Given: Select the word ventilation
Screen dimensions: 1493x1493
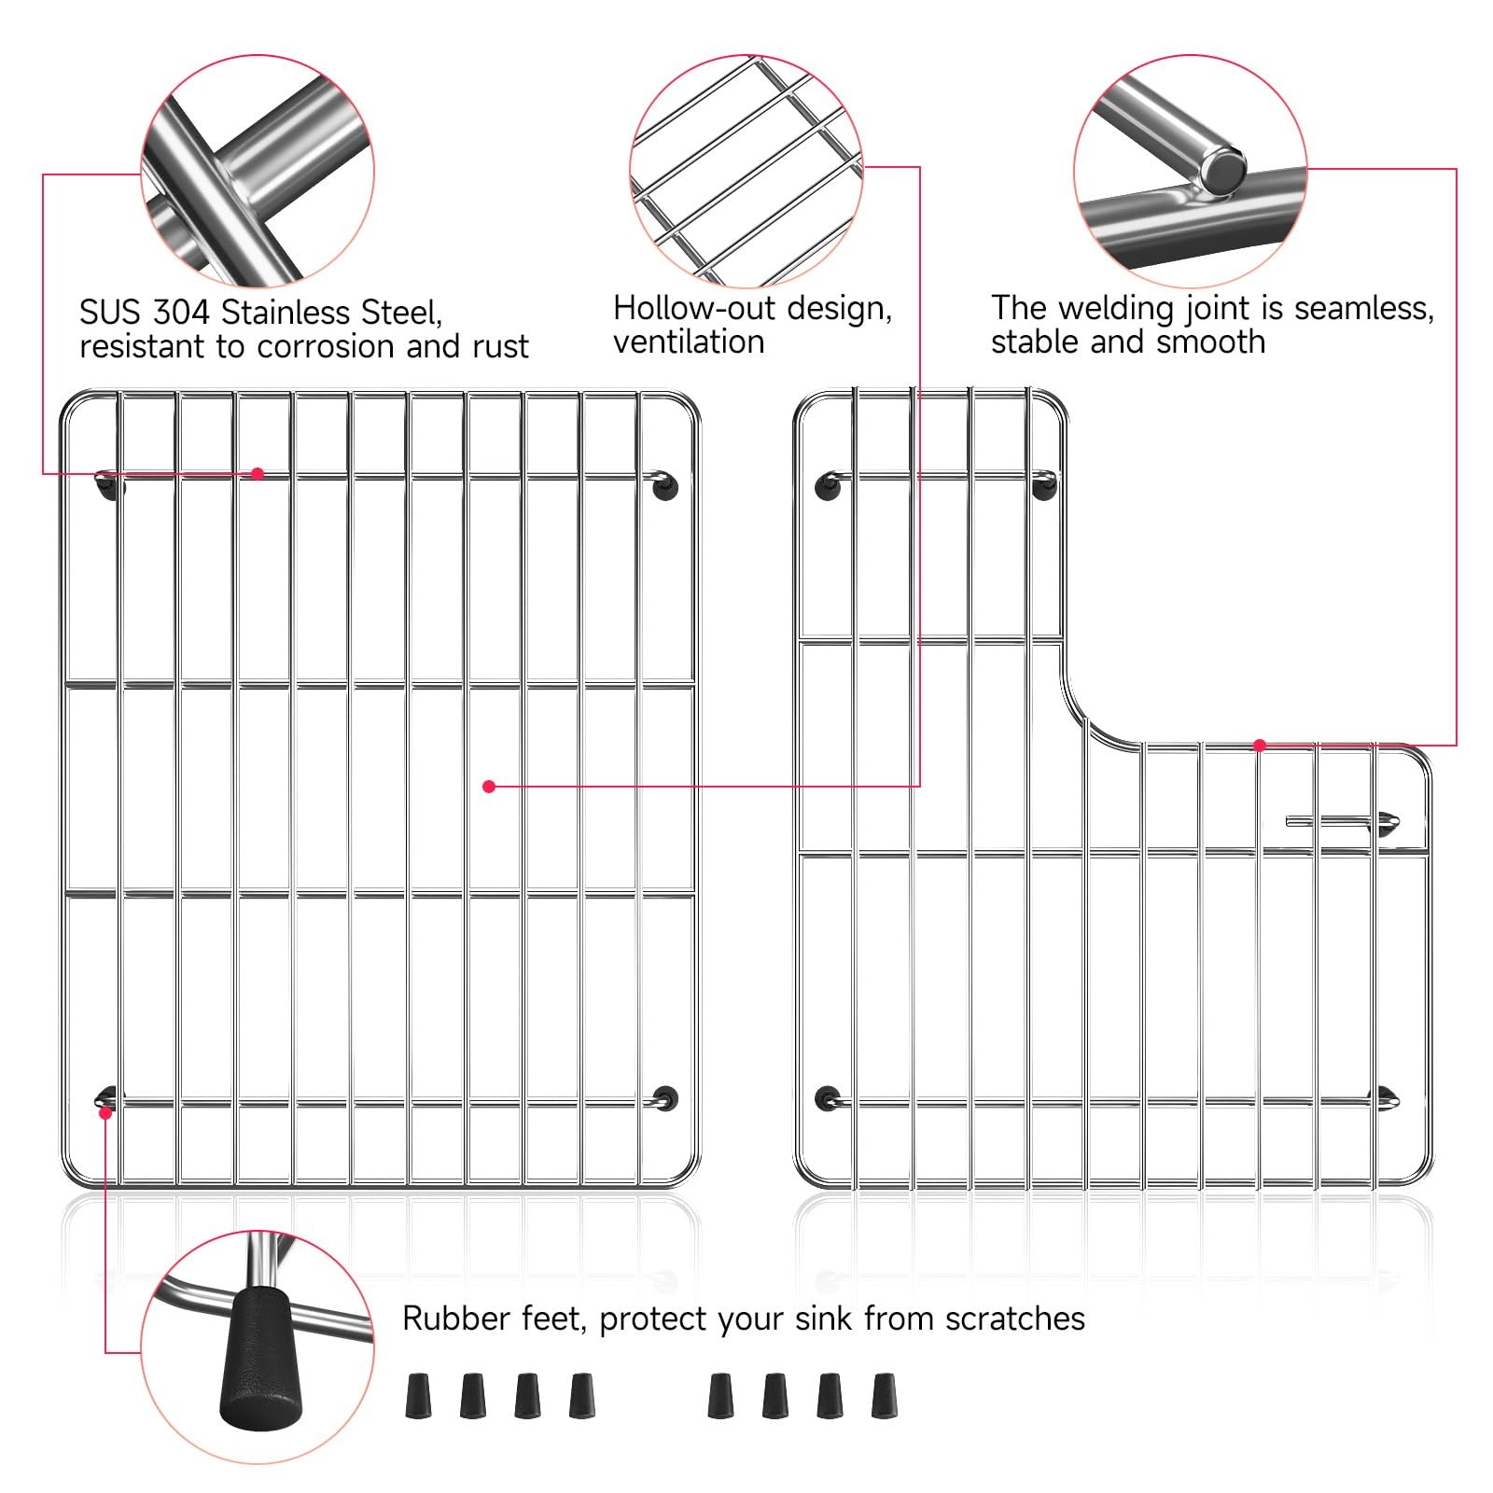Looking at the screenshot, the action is tap(689, 342).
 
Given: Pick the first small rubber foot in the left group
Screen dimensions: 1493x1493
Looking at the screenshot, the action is tap(419, 1396).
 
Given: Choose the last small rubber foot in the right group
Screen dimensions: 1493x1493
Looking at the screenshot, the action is tap(884, 1396).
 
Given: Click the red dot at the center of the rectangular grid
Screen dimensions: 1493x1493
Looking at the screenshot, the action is tap(489, 787).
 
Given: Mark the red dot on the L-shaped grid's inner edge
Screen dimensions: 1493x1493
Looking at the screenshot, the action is tap(1260, 746).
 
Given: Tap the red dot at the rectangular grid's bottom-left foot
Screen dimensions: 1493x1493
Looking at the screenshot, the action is tap(105, 1112).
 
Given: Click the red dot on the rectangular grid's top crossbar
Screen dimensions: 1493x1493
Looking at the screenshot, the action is tap(258, 474).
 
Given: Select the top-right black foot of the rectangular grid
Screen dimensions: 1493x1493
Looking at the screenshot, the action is tap(664, 486).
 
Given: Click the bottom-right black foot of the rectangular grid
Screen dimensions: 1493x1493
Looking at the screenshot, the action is tap(665, 1098).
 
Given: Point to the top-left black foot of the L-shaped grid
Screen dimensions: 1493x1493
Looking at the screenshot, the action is tap(828, 486).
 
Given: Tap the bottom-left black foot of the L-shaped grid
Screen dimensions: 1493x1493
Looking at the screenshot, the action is tap(828, 1098).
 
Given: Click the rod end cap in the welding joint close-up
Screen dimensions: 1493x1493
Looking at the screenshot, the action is tap(1222, 170).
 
